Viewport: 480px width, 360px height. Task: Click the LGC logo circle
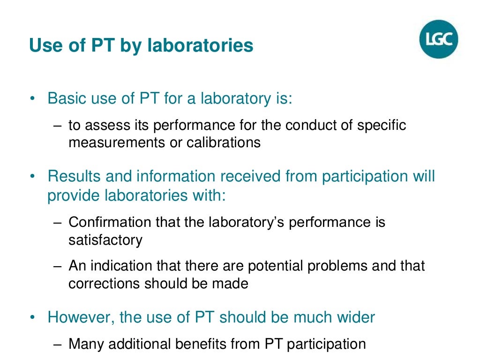438,39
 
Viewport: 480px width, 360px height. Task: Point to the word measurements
117,142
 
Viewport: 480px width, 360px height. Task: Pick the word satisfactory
105,240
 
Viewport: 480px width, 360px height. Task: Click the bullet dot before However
32,318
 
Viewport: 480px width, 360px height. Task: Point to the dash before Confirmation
57,222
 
